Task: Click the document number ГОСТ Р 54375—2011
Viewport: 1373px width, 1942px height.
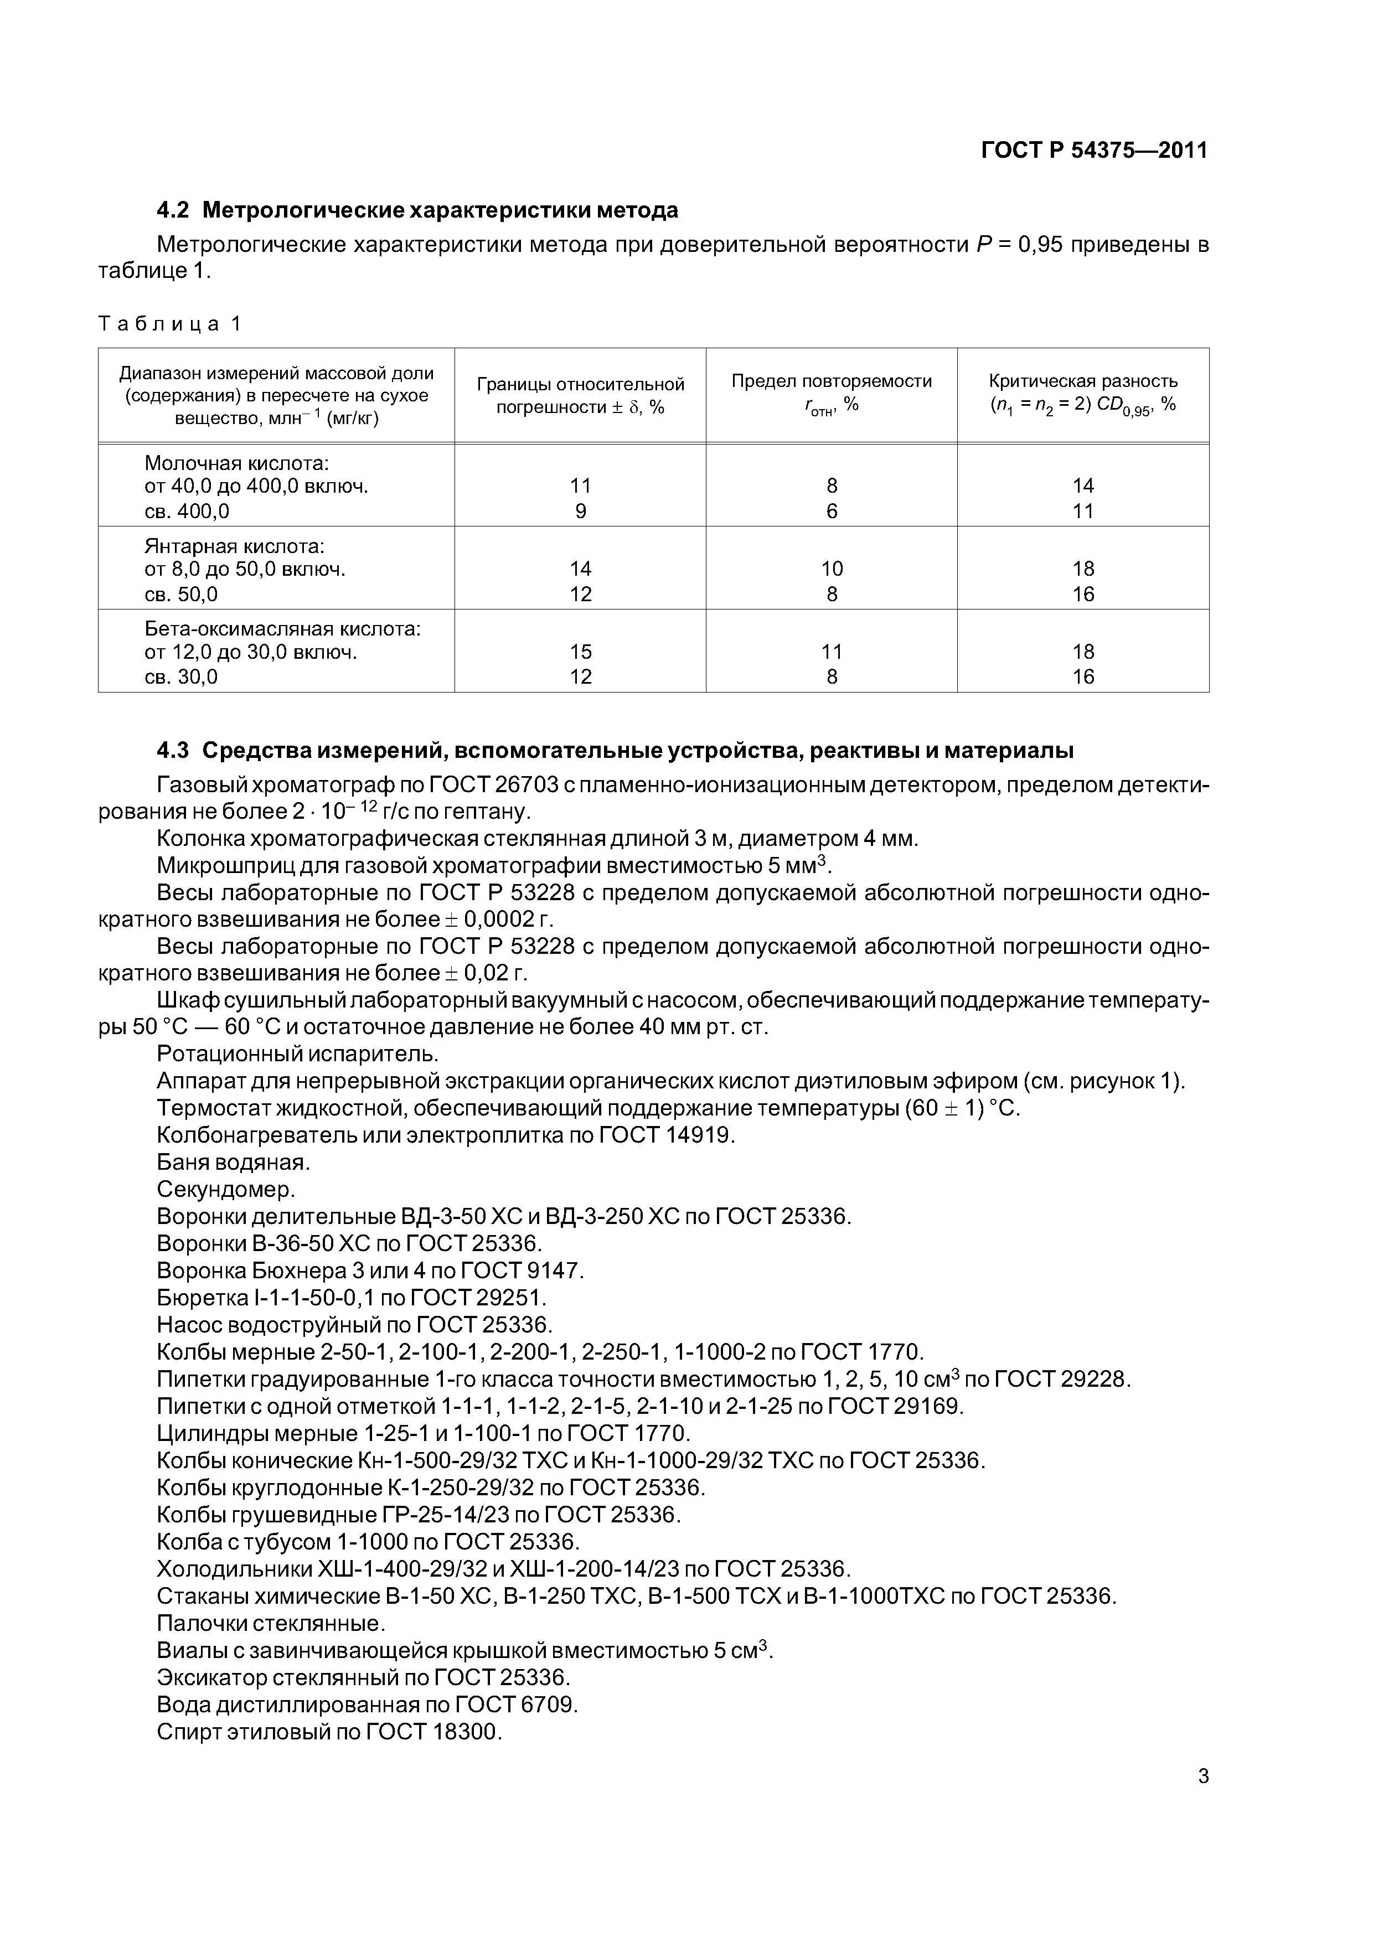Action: (x=1094, y=151)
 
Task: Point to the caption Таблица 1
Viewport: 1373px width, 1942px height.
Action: (x=170, y=324)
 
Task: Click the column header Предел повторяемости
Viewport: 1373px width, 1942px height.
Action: (x=831, y=381)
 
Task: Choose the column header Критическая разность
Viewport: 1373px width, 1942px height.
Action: (x=1083, y=381)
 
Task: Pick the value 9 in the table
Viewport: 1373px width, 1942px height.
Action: (x=580, y=511)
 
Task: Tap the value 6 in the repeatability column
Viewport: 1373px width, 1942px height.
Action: (x=832, y=511)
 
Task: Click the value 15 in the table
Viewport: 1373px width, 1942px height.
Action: (x=580, y=651)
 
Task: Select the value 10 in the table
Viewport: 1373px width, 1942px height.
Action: (x=832, y=569)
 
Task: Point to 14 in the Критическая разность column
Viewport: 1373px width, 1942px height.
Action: (x=1083, y=485)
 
